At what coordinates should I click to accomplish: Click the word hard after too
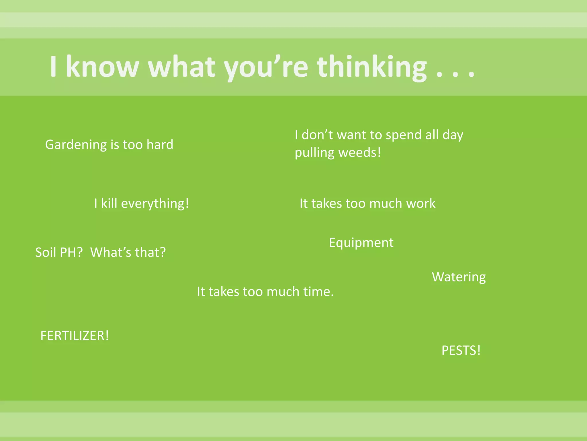tap(160, 144)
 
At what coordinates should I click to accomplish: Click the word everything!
tap(155, 204)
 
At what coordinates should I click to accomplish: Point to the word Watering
tap(459, 277)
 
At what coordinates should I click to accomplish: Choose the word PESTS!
tap(461, 351)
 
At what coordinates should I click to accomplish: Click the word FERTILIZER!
tap(75, 336)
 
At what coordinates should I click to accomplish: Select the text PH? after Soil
tap(71, 252)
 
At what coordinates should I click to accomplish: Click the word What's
tap(111, 252)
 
